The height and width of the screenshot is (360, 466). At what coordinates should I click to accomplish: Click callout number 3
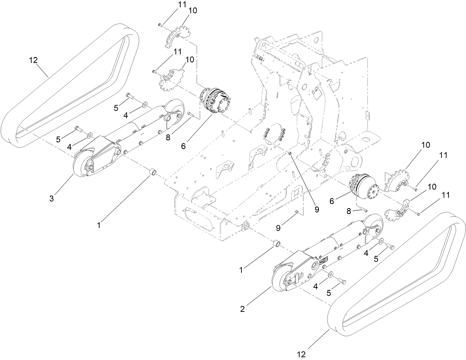[52, 199]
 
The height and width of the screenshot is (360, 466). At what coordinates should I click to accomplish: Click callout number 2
[243, 309]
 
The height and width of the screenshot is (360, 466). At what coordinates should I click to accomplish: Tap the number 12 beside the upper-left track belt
[33, 60]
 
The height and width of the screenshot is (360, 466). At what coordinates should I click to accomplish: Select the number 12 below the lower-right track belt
[302, 354]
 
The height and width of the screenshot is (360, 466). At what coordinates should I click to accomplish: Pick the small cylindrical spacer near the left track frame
[153, 173]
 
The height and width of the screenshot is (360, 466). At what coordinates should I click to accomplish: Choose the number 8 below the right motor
[348, 211]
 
